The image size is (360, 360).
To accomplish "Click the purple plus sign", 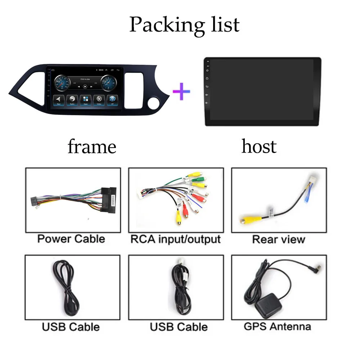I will [x=181, y=91].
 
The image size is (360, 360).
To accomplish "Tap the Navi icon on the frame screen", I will [x=59, y=99].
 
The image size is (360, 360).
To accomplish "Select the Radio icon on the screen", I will [x=72, y=99].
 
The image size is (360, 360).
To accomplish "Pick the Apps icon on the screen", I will [x=86, y=99].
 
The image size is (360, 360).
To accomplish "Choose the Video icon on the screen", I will [x=99, y=99].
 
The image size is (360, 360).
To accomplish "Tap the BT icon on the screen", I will [x=112, y=99].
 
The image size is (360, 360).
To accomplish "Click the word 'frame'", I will [x=92, y=147].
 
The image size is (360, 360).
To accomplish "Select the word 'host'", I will [x=259, y=147].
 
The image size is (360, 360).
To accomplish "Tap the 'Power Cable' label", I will [x=71, y=239].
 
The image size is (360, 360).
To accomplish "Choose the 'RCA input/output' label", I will [x=175, y=239].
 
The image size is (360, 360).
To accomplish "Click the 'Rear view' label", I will [x=278, y=239].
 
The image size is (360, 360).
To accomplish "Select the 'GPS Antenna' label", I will [x=277, y=327].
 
